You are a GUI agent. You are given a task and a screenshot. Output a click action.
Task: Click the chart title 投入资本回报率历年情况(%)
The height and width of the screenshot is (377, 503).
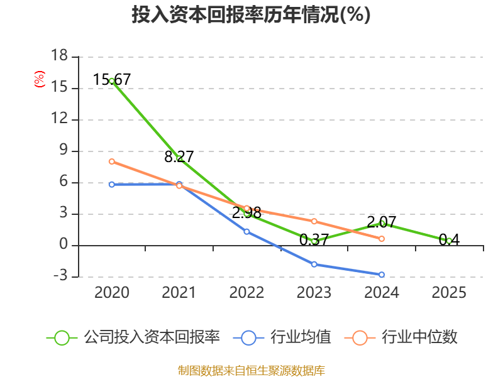(x=251, y=14)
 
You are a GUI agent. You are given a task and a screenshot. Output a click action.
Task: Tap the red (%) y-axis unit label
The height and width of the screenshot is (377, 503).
(x=40, y=79)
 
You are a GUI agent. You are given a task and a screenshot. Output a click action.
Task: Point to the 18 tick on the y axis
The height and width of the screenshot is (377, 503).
(x=60, y=55)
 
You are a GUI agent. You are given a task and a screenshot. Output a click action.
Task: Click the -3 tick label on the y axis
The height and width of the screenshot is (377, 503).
(x=60, y=276)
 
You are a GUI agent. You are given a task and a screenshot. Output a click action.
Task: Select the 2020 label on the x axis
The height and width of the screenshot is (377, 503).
(x=112, y=292)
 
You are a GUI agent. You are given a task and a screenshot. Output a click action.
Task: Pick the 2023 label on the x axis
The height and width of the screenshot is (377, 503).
(x=314, y=292)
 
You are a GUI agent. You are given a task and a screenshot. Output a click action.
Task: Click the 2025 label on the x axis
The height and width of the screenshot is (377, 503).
(x=449, y=292)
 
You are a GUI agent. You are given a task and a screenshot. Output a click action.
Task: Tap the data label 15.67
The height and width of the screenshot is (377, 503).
(x=112, y=80)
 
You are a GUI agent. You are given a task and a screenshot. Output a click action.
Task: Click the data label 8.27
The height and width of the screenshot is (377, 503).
(x=179, y=156)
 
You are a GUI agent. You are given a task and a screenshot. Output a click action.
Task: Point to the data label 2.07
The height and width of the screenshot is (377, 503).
(x=382, y=222)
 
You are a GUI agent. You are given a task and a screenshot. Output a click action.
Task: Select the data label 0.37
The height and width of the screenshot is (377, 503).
(x=314, y=239)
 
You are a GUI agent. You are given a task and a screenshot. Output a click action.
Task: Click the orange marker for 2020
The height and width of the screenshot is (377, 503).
(x=112, y=161)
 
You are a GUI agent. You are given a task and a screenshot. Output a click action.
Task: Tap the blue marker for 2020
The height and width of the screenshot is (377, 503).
(x=112, y=185)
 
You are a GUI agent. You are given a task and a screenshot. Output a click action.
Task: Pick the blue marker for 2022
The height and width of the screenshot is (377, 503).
(x=246, y=231)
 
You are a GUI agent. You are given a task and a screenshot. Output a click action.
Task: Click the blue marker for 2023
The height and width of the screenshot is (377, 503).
(x=314, y=265)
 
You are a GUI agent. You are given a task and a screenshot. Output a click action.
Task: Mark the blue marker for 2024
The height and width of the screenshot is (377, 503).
(x=382, y=275)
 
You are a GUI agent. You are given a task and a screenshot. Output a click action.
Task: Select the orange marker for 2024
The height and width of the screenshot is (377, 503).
(x=382, y=239)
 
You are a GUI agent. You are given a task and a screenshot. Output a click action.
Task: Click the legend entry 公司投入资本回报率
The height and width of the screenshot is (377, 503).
(x=133, y=337)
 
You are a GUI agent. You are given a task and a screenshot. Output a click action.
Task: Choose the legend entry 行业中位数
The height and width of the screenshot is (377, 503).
(x=401, y=337)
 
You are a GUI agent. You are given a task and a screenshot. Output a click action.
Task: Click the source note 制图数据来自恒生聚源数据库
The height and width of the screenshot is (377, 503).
(x=251, y=371)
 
